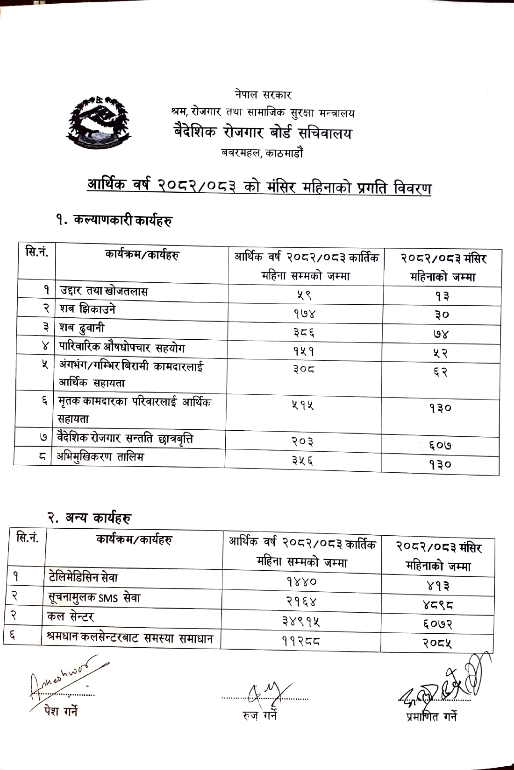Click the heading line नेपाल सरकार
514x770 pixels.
263,95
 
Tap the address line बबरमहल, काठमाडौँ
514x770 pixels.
262,153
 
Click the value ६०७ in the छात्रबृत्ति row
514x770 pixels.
440,445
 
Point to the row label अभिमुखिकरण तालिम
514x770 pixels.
100,457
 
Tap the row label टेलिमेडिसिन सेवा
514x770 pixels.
83,578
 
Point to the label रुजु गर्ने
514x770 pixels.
260,714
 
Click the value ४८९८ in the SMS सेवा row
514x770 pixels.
437,605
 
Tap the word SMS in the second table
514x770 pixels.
108,598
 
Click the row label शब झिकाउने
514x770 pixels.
87,309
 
